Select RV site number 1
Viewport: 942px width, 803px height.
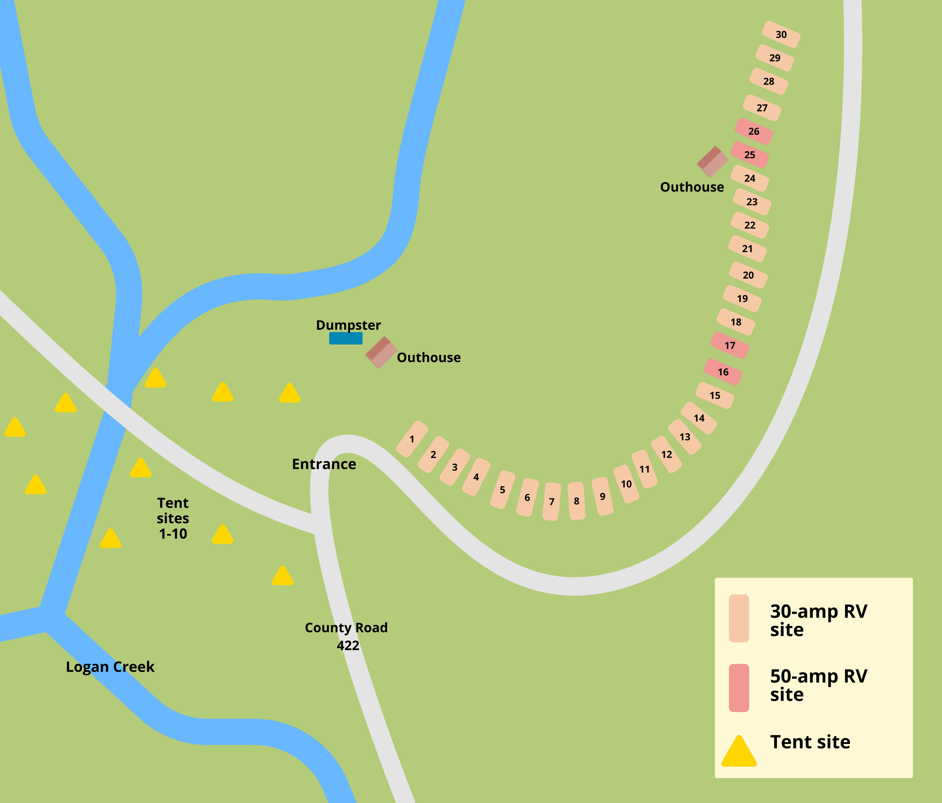click(x=412, y=439)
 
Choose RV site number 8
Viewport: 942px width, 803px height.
click(x=576, y=501)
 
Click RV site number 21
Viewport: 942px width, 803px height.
click(x=747, y=249)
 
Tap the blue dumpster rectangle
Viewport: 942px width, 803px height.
click(x=345, y=338)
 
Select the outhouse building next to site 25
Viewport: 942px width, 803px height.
click(x=712, y=162)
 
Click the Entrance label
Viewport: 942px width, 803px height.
click(x=324, y=464)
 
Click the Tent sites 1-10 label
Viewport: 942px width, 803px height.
click(x=173, y=518)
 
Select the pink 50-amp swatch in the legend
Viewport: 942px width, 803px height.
click(x=739, y=688)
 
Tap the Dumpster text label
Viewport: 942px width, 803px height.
click(x=348, y=325)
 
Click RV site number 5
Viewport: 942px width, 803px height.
click(x=502, y=489)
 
